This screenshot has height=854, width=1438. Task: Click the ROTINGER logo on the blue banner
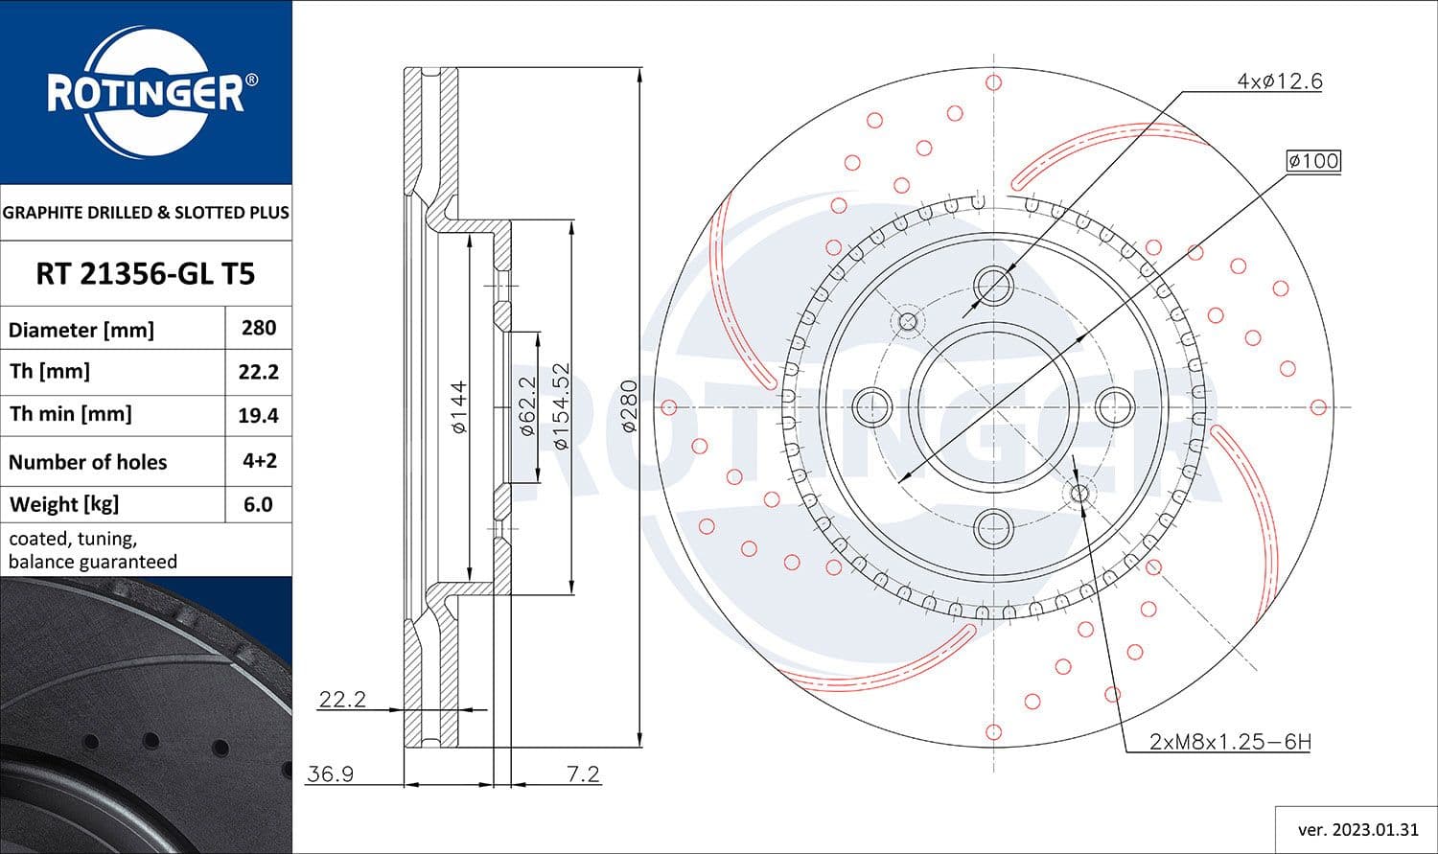point(146,93)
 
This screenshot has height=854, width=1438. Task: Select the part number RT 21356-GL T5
point(146,274)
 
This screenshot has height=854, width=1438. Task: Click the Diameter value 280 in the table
point(259,328)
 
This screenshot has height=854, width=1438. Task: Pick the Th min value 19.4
point(259,415)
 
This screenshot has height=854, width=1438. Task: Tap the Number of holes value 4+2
point(259,461)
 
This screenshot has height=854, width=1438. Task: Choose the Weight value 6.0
point(259,504)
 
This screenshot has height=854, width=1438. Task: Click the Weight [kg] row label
point(64,504)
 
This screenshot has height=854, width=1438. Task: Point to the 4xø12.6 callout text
point(1279,81)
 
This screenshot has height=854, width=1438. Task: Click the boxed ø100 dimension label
point(1313,161)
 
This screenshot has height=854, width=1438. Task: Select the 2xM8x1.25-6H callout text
point(1230,741)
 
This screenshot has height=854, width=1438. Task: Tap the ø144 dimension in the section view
point(459,407)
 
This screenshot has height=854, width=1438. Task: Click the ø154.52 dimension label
point(562,405)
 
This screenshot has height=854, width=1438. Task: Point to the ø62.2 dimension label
point(526,405)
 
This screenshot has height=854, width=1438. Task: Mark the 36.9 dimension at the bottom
point(331,773)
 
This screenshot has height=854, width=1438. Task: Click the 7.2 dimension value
point(583,773)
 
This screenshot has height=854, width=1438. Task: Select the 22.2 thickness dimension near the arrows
point(342,699)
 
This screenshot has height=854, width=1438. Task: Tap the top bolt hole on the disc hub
point(993,286)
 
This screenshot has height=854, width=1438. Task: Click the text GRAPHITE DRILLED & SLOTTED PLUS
point(146,213)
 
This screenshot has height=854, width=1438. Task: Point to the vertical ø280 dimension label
point(629,407)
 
